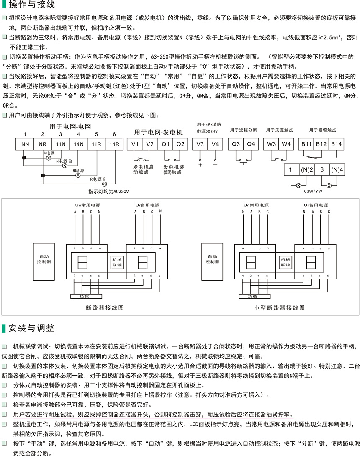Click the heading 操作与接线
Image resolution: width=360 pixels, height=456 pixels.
[28, 5]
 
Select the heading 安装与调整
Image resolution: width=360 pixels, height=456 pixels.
[28, 328]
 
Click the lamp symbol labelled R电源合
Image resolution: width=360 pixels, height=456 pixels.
[105, 183]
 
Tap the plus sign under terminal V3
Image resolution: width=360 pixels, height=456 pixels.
[200, 164]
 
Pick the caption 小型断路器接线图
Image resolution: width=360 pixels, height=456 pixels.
[279, 307]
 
